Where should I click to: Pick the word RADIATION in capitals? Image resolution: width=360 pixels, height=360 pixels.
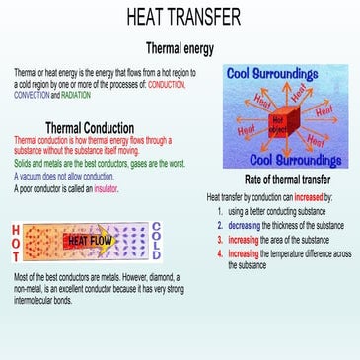click(x=84, y=95)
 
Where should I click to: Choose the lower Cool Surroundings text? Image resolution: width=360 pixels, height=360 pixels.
click(x=287, y=158)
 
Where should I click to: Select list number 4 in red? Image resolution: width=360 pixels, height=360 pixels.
click(x=219, y=252)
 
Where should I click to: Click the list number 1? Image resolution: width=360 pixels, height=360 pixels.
click(x=219, y=211)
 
